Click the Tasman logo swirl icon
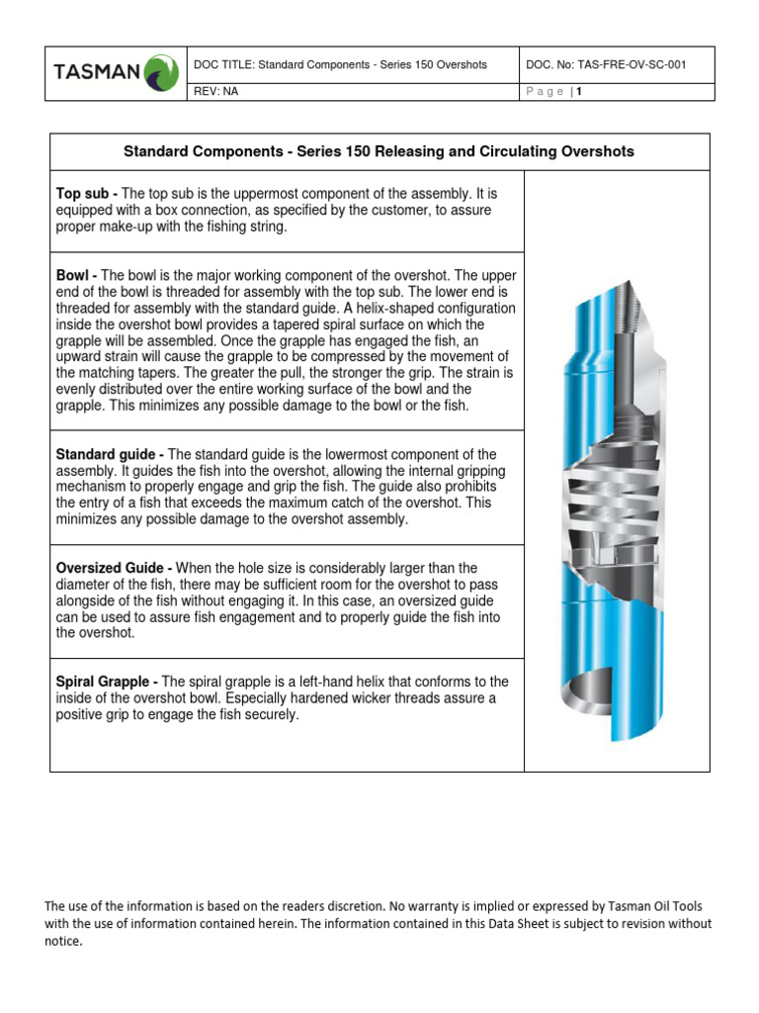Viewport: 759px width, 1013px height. [x=161, y=73]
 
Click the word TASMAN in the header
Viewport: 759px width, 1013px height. [x=98, y=74]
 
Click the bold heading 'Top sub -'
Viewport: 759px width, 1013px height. [x=87, y=194]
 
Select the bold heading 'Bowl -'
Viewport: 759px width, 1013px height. [x=77, y=275]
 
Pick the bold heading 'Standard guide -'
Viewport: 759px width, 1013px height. [x=111, y=453]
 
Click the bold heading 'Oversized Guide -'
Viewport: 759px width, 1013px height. [x=115, y=568]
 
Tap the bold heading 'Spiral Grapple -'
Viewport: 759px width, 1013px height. [x=108, y=682]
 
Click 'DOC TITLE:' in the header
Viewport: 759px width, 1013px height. [x=225, y=64]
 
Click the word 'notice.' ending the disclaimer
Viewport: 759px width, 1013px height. [x=63, y=942]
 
